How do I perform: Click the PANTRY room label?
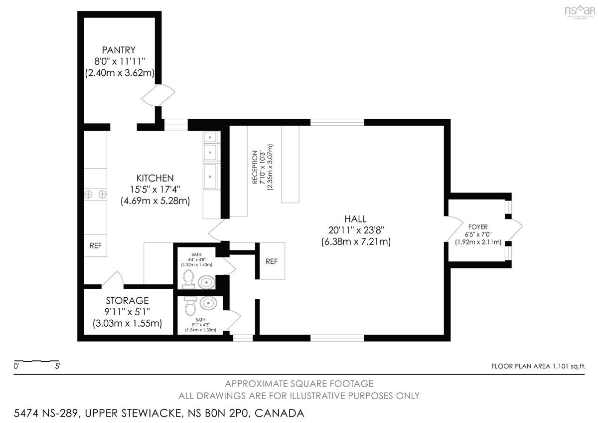pyautogui.click(x=119, y=50)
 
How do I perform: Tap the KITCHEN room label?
pyautogui.click(x=155, y=178)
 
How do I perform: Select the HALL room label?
pyautogui.click(x=355, y=219)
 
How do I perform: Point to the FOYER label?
pyautogui.click(x=478, y=227)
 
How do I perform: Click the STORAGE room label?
pyautogui.click(x=127, y=301)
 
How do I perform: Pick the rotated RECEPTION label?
pyautogui.click(x=255, y=167)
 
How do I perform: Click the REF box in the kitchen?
pyautogui.click(x=96, y=245)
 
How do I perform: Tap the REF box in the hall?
pyautogui.click(x=272, y=261)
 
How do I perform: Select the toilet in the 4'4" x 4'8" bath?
pyautogui.click(x=189, y=279)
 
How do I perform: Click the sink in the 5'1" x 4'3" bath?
pyautogui.click(x=208, y=303)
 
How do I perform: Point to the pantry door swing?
pyautogui.click(x=158, y=95)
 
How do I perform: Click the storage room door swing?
pyautogui.click(x=113, y=280)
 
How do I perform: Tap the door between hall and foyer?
pyautogui.click(x=453, y=228)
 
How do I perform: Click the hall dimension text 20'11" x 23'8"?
pyautogui.click(x=356, y=230)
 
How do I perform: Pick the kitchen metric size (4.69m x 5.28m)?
pyautogui.click(x=155, y=201)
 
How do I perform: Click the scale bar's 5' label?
pyautogui.click(x=57, y=366)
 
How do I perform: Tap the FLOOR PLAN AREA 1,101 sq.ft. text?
pyautogui.click(x=539, y=366)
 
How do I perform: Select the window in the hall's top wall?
pyautogui.click(x=337, y=122)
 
